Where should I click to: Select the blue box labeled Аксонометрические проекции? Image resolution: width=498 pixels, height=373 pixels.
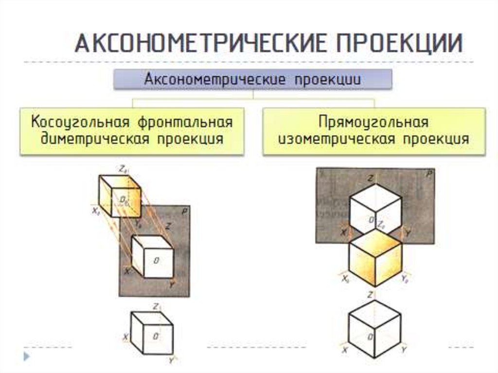pos(252,80)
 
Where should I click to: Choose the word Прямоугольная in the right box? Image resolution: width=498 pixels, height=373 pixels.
pos(373,122)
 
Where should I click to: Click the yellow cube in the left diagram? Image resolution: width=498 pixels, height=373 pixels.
pos(119,195)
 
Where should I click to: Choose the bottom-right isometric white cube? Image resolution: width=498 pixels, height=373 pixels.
pos(375,329)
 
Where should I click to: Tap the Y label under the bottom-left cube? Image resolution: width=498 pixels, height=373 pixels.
pos(171,360)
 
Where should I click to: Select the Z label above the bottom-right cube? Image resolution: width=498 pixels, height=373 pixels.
pos(371,295)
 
